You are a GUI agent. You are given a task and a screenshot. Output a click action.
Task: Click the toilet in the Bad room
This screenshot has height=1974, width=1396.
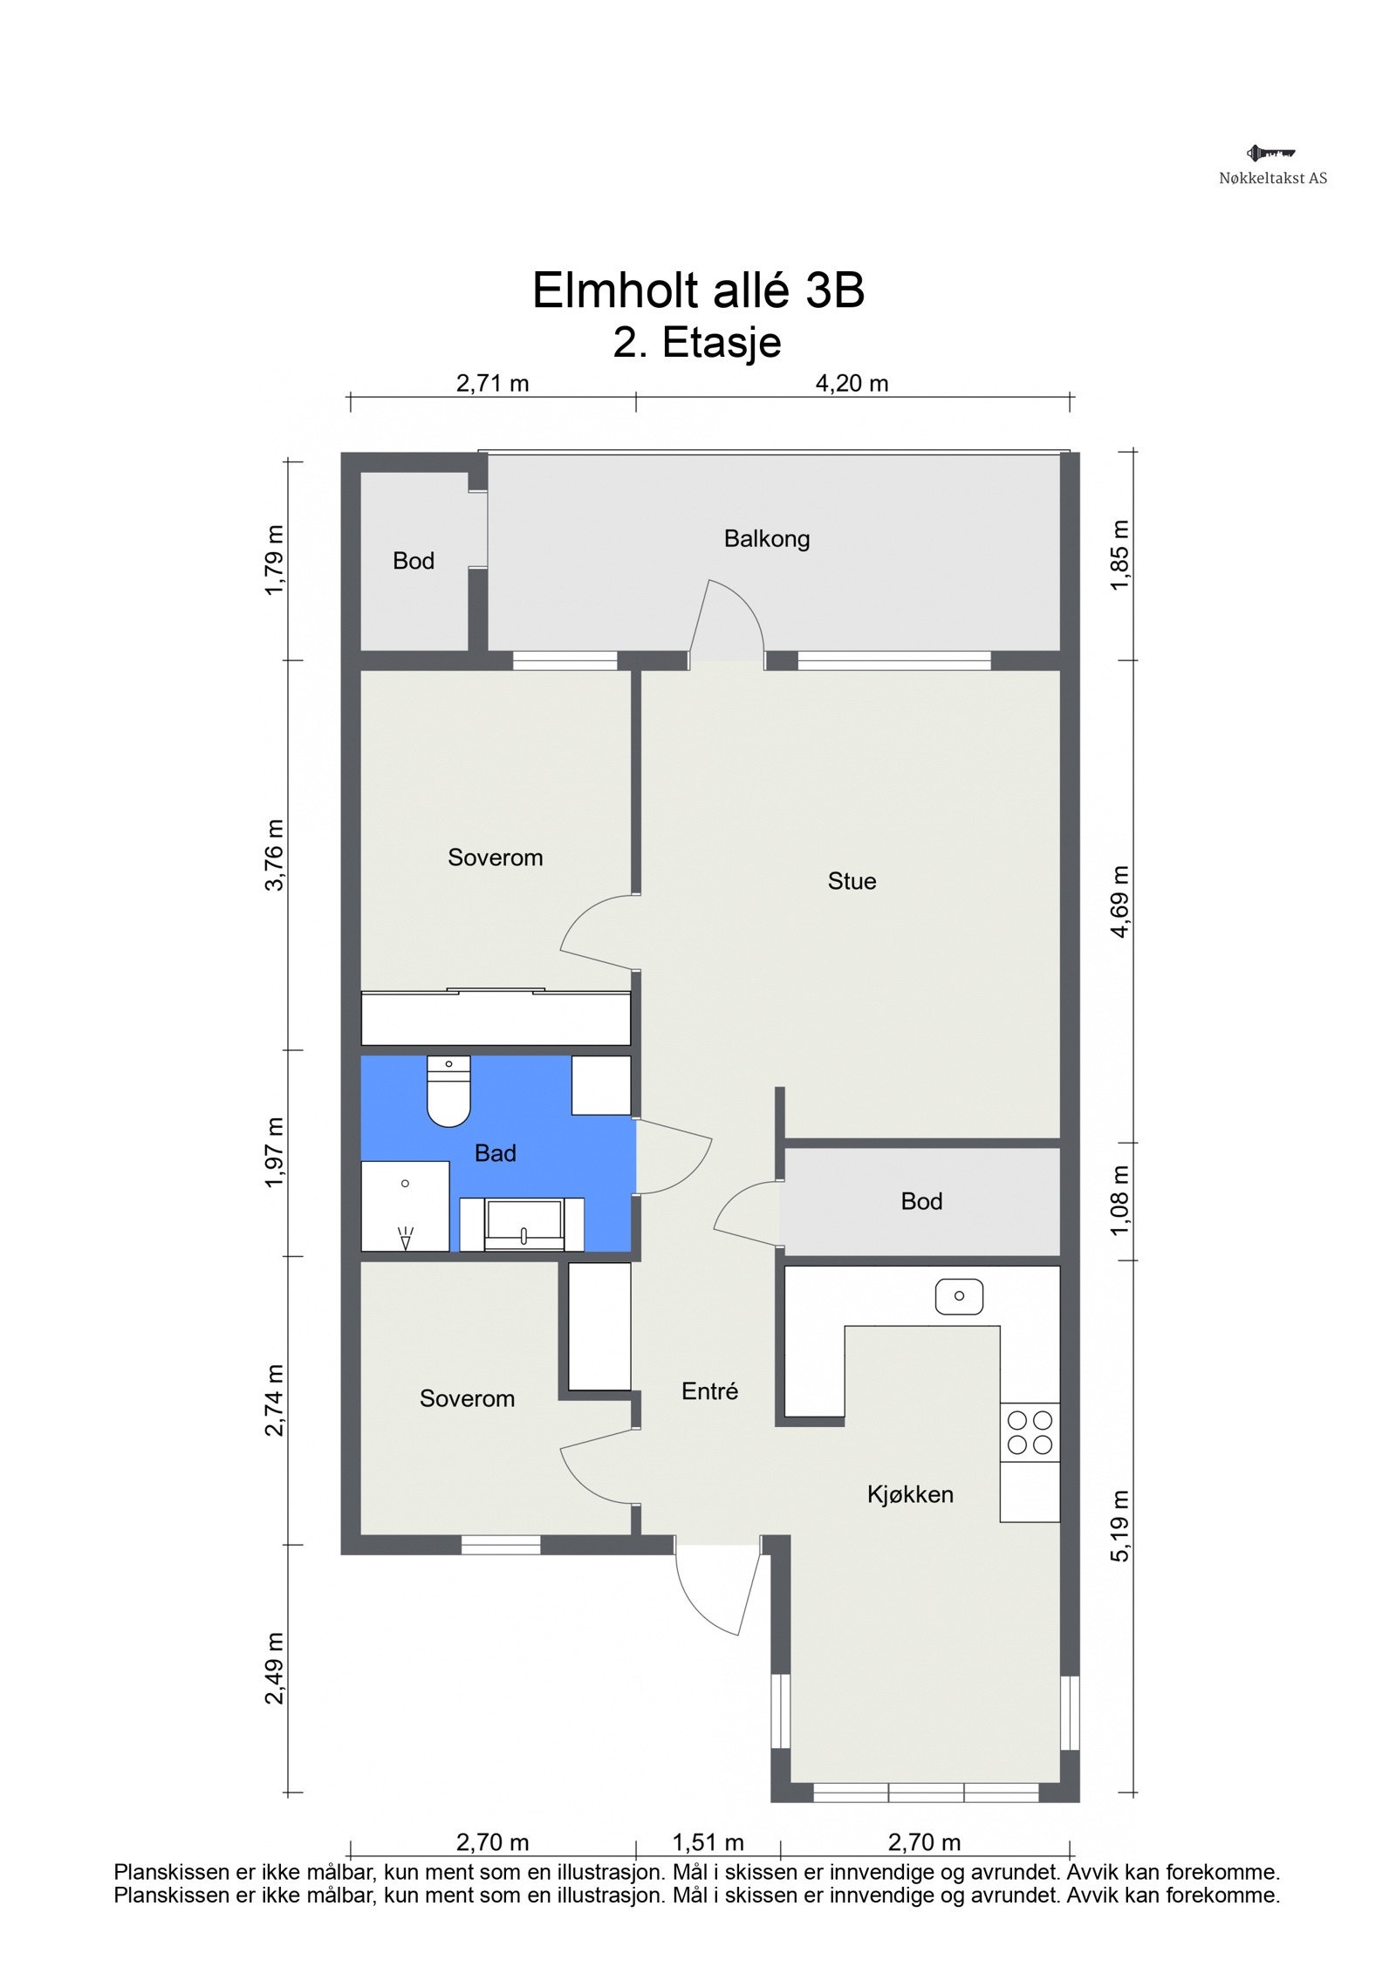pyautogui.click(x=448, y=1092)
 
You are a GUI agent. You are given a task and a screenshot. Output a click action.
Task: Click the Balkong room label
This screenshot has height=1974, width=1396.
pyautogui.click(x=766, y=539)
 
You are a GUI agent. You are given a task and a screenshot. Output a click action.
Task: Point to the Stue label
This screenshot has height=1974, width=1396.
pyautogui.click(x=851, y=881)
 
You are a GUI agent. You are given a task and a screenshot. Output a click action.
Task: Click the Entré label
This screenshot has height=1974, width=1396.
pyautogui.click(x=708, y=1391)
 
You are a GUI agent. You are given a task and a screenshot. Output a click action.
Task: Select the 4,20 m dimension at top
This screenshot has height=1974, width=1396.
pyautogui.click(x=851, y=383)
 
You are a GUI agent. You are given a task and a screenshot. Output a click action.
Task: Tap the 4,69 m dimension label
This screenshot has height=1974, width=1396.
pyautogui.click(x=1119, y=901)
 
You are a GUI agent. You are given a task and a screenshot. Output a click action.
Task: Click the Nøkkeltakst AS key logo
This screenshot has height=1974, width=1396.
pyautogui.click(x=1270, y=154)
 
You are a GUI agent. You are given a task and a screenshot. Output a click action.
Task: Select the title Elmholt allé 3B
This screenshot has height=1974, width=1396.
pyautogui.click(x=697, y=290)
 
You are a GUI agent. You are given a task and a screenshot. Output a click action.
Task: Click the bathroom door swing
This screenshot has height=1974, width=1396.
pyautogui.click(x=676, y=1157)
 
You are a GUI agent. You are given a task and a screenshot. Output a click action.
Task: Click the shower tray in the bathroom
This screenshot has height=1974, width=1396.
pyautogui.click(x=405, y=1206)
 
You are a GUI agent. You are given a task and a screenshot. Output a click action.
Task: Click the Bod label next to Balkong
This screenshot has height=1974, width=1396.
pyautogui.click(x=413, y=561)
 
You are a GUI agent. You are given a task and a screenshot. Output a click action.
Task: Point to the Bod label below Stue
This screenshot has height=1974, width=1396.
pyautogui.click(x=920, y=1202)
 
